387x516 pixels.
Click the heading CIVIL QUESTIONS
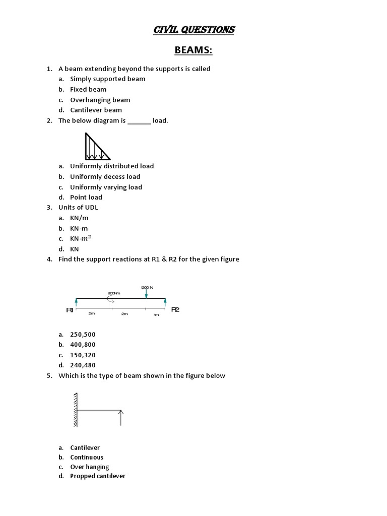(x=193, y=30)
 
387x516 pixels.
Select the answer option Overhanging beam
(x=100, y=100)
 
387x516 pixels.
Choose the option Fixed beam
(x=88, y=89)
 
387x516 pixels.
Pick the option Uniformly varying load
(x=106, y=187)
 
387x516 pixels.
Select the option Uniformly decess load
(x=105, y=176)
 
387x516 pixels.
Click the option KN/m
(x=79, y=218)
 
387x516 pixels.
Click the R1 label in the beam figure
(x=70, y=310)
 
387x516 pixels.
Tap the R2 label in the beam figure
(x=175, y=309)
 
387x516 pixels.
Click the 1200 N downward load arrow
(x=146, y=294)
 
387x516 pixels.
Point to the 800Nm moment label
(x=114, y=293)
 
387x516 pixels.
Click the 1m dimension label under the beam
(x=156, y=314)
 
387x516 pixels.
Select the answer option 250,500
(x=83, y=334)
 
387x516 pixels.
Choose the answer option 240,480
(x=83, y=365)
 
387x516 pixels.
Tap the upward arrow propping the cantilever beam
(x=121, y=417)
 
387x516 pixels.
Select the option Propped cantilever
(x=98, y=476)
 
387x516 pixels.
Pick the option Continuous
(x=87, y=457)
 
